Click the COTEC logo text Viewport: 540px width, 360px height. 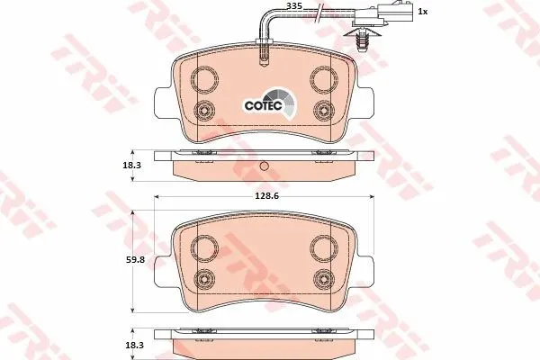264,105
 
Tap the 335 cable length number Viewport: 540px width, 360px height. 295,6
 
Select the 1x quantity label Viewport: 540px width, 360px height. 423,12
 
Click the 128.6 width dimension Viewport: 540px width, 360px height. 266,196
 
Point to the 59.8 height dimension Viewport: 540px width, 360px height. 136,260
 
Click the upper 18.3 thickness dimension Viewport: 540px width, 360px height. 132,165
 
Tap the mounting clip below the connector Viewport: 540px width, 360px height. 361,39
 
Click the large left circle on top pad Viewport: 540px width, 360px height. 204,79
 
